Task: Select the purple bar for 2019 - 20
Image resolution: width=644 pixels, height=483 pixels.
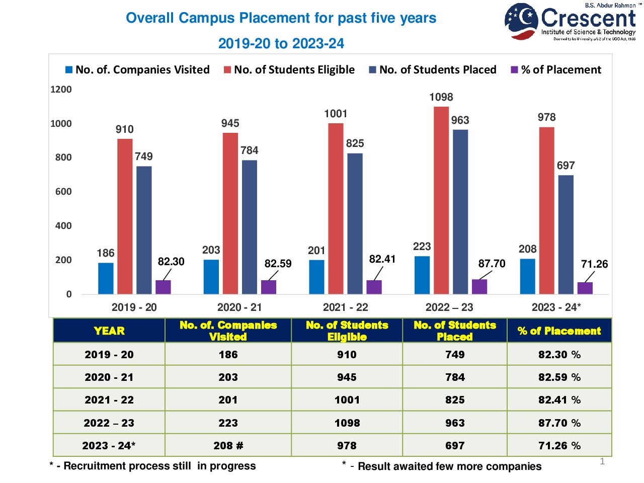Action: tap(163, 287)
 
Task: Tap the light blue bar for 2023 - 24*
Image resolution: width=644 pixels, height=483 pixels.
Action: tap(527, 276)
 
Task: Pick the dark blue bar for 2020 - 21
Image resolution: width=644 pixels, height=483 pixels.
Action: tap(250, 227)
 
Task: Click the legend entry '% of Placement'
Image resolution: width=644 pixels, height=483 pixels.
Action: tap(556, 70)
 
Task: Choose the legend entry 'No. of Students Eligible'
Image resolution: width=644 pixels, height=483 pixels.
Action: tap(289, 70)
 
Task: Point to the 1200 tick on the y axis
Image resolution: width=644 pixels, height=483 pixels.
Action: tap(61, 90)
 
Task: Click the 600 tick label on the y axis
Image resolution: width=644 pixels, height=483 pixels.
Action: tap(63, 192)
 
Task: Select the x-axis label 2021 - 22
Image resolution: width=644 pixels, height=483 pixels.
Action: tap(346, 307)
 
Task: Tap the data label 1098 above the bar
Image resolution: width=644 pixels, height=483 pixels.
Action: tap(441, 97)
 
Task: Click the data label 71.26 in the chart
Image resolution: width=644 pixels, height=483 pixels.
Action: tap(594, 264)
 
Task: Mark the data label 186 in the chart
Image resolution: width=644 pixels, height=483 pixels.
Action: tap(106, 253)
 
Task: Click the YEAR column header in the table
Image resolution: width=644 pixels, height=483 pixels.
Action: tap(109, 331)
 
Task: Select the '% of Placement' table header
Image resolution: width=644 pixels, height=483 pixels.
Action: tap(559, 331)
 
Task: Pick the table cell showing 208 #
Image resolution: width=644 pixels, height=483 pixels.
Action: tap(228, 446)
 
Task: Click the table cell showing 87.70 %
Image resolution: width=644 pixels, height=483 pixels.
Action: tap(559, 423)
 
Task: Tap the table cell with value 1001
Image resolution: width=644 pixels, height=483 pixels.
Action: tap(347, 400)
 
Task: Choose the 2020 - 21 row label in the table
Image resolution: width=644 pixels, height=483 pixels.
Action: tap(109, 377)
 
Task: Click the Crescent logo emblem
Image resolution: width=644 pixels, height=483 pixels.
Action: tap(521, 21)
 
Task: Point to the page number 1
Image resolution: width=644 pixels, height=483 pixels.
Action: tap(602, 461)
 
